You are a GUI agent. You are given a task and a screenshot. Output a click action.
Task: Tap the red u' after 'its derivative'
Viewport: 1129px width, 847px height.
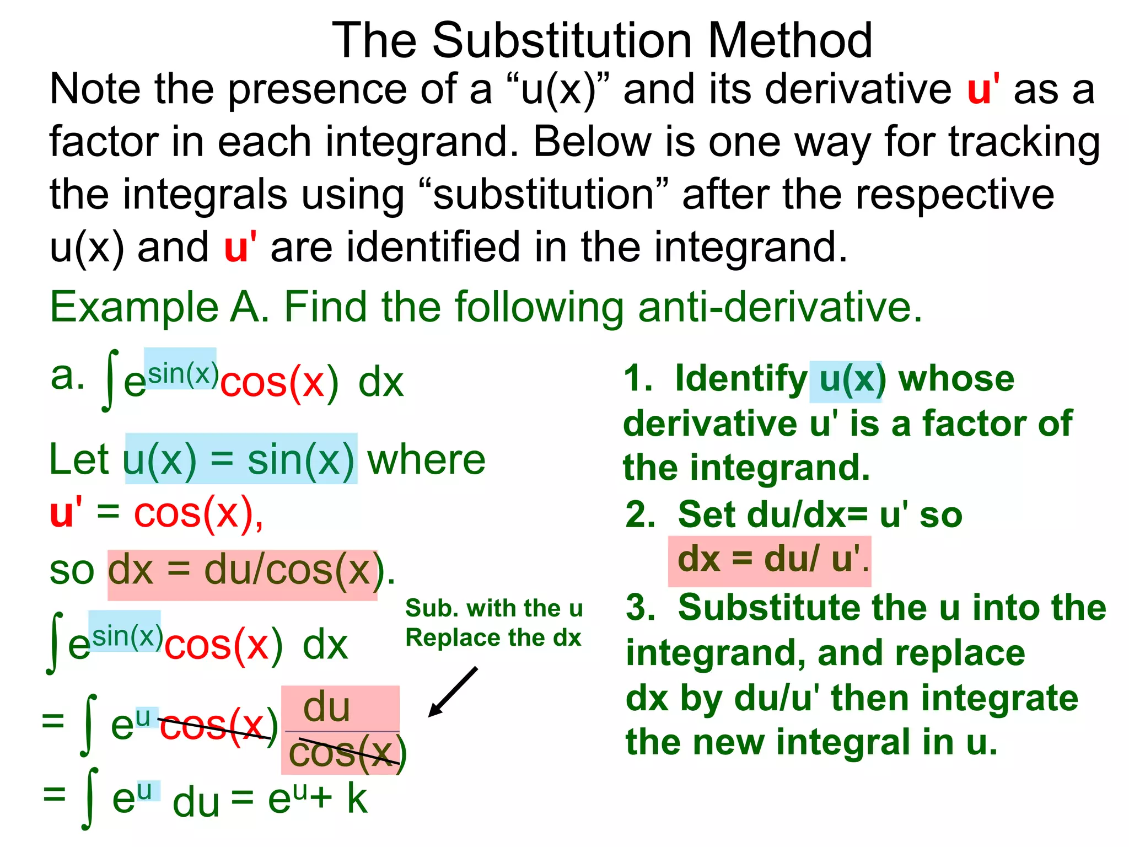pos(983,89)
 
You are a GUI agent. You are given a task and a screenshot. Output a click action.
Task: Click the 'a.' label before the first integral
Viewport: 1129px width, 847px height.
pos(67,376)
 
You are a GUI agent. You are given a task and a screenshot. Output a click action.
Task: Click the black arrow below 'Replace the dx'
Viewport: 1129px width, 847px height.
pos(453,692)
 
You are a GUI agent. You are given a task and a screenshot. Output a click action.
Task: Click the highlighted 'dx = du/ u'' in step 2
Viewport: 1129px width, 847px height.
pos(769,559)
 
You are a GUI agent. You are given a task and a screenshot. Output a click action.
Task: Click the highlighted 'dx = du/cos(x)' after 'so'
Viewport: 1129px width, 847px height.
pos(243,572)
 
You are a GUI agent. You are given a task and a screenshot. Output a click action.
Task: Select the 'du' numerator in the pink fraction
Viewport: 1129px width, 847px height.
pos(326,707)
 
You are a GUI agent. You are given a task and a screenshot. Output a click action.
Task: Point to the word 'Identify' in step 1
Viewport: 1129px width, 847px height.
pos(741,379)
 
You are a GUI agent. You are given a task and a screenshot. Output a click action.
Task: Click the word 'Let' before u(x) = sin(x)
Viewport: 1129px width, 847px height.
pos(79,459)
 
